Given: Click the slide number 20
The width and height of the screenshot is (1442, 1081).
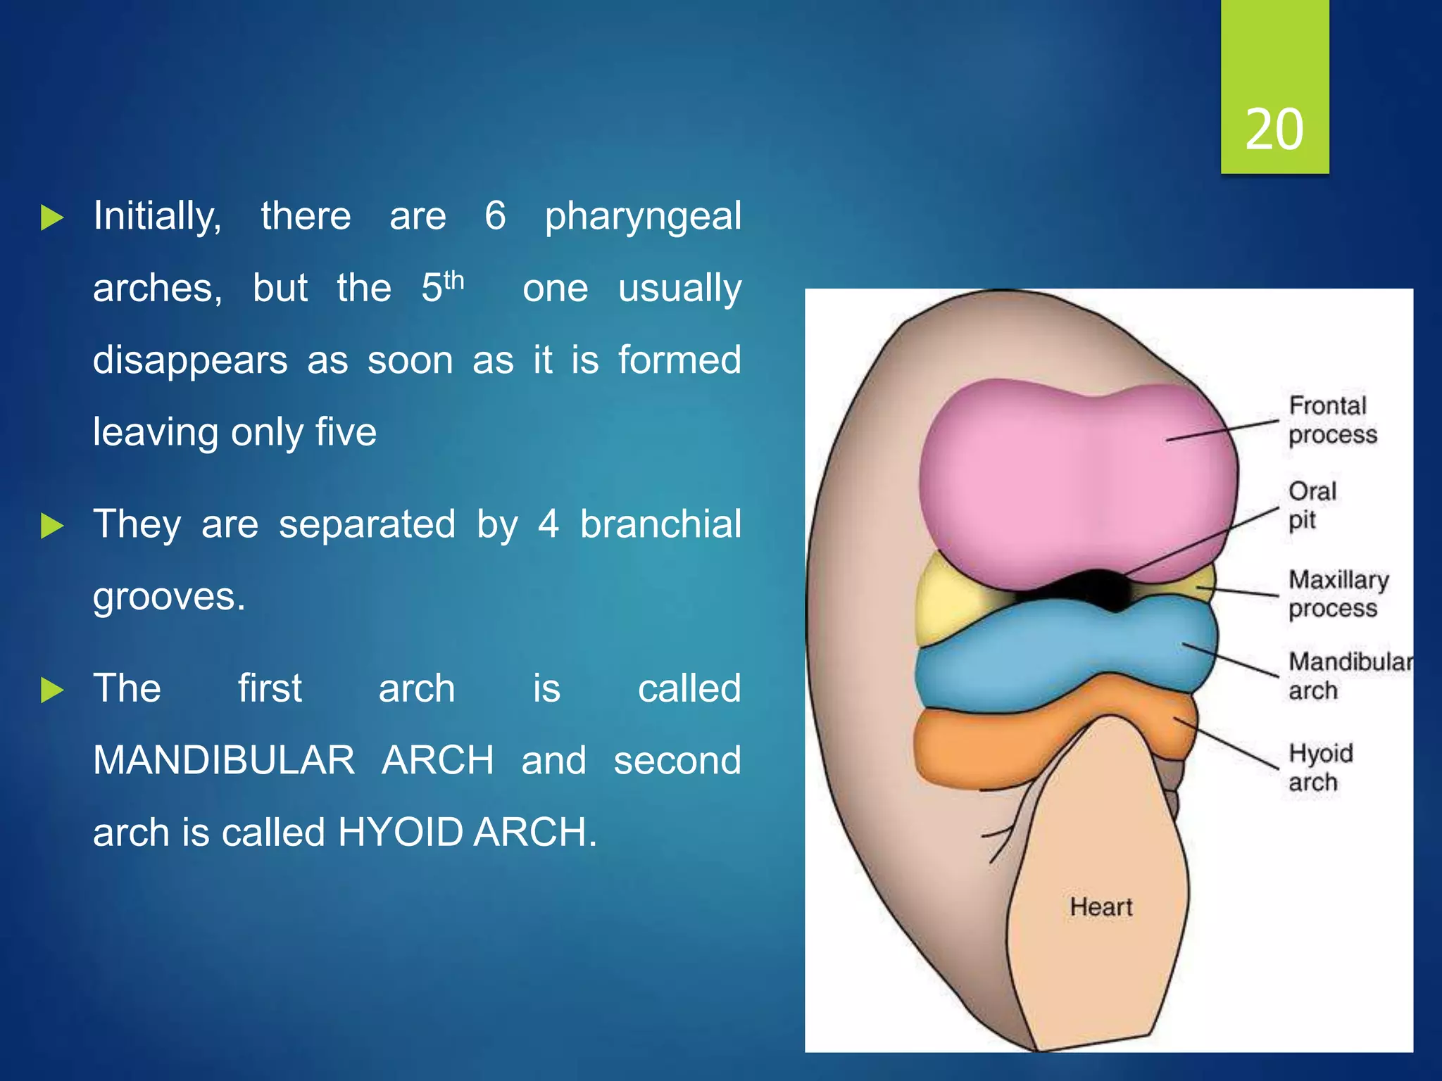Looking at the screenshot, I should [1274, 129].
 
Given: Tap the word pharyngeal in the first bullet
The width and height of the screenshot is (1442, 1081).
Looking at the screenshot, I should [642, 216].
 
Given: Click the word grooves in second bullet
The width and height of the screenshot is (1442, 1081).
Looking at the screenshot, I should [169, 597].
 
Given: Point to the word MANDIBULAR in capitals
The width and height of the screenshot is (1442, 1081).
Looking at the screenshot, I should [224, 760].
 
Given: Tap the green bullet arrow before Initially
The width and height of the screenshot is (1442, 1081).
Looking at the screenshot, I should [52, 217].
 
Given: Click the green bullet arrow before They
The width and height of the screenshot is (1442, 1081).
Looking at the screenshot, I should [52, 526].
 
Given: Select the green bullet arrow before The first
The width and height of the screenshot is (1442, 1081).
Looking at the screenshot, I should [52, 690].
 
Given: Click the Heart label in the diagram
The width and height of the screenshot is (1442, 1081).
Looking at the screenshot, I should [1101, 906].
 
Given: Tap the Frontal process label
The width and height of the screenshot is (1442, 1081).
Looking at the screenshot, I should [1331, 420].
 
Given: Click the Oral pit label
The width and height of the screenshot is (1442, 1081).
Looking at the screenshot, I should [1311, 505].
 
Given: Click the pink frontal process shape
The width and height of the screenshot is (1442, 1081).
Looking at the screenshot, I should [1070, 479].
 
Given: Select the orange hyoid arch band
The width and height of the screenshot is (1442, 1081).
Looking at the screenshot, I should [986, 746].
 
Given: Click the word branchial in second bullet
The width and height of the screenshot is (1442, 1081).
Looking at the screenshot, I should [660, 524].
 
